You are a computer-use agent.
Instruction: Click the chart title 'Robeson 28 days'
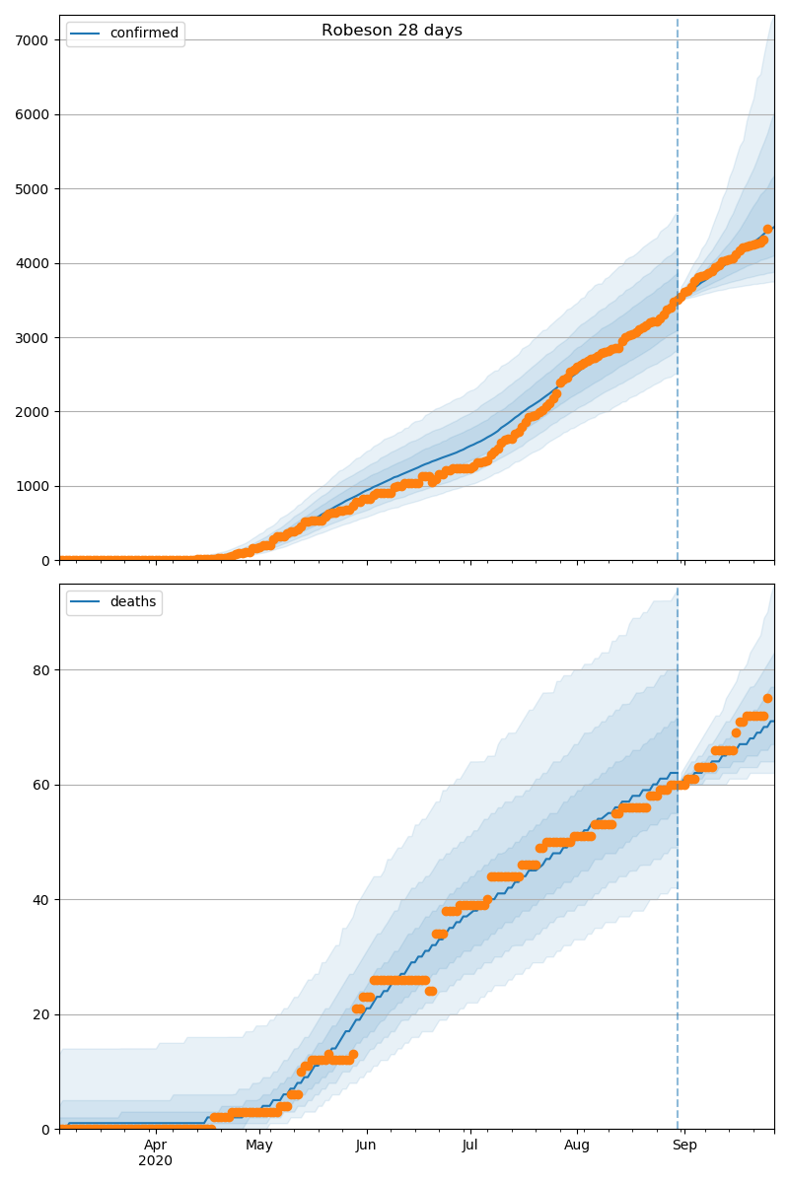pos(392,31)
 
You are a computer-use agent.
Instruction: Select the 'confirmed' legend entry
pos(144,34)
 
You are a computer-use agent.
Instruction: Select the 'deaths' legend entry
pos(132,602)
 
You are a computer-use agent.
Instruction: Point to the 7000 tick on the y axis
pos(35,40)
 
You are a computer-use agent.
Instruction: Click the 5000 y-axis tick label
pos(35,188)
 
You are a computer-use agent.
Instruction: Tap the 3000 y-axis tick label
pos(35,337)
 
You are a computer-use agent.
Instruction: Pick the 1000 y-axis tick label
pos(35,486)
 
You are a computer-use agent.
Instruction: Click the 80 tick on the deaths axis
pos(41,670)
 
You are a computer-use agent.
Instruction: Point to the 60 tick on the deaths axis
pos(41,785)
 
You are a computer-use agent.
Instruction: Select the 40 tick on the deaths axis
pos(41,900)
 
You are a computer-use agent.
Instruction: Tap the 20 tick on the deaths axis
pos(41,1014)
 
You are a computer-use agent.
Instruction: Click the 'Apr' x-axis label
pos(156,1146)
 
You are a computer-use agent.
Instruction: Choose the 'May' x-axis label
pos(259,1146)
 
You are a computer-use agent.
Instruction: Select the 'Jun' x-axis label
pos(366,1146)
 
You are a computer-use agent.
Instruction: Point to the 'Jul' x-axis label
pos(469,1146)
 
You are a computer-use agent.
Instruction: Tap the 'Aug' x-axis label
pos(577,1146)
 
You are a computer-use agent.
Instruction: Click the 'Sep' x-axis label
pos(684,1146)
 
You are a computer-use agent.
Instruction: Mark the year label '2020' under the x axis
pos(156,1161)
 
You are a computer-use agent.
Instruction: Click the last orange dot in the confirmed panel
pos(767,230)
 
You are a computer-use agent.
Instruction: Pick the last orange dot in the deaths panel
pos(767,698)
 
